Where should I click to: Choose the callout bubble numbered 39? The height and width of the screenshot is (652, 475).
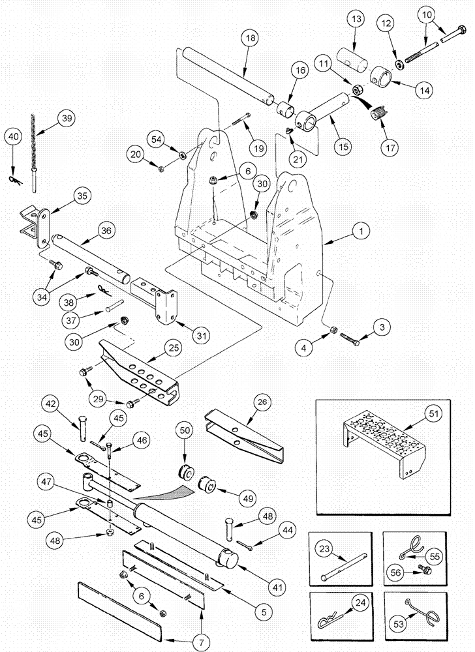coord(65,119)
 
